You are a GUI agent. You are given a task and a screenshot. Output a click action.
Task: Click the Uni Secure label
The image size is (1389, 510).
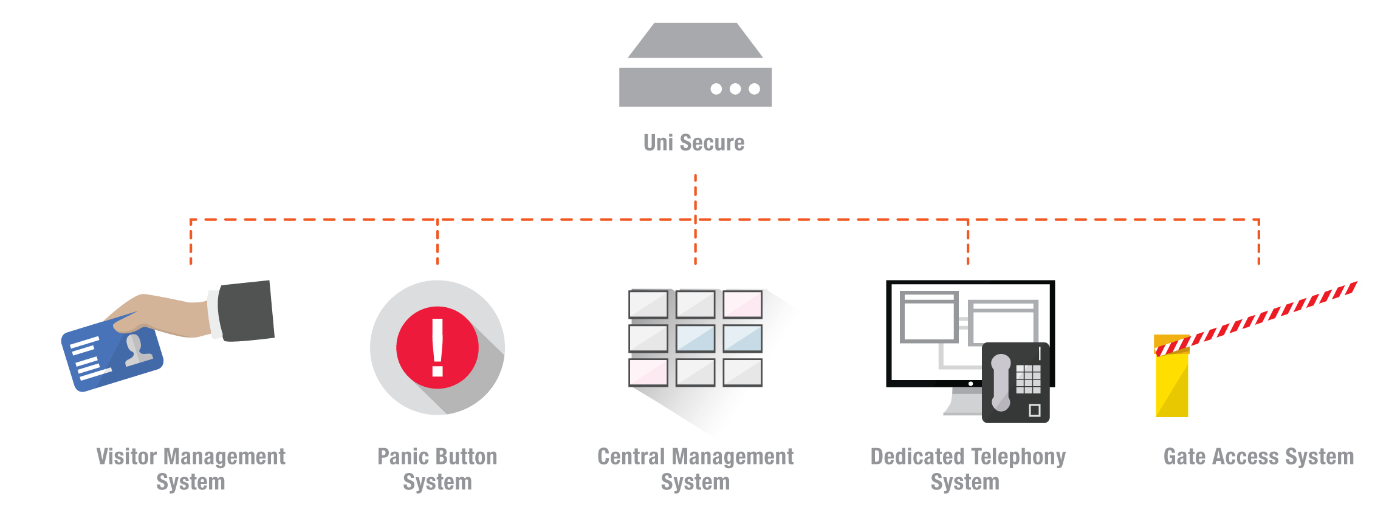694,143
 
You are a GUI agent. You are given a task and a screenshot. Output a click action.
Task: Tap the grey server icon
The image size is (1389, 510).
695,67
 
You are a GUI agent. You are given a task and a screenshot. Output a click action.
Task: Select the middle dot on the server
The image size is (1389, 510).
735,89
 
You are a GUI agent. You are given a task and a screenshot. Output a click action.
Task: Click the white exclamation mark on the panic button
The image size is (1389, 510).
437,347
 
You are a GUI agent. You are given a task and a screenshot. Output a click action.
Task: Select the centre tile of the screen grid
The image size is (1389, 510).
696,338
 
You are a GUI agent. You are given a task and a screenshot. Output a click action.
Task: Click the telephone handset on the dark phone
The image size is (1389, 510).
1001,382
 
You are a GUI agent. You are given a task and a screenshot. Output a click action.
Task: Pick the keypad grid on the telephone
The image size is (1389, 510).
1028,379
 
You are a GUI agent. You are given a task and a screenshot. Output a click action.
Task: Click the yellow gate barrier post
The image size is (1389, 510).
1171,382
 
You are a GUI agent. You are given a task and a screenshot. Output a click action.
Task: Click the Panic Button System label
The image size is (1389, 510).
437,469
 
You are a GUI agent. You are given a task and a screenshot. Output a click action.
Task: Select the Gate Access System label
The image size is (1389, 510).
1258,457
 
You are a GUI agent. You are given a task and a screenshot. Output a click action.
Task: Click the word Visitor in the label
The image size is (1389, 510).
127,457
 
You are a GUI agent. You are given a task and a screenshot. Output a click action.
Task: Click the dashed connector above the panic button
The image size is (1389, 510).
437,242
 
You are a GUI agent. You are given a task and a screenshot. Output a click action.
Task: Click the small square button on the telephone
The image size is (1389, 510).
1035,410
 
